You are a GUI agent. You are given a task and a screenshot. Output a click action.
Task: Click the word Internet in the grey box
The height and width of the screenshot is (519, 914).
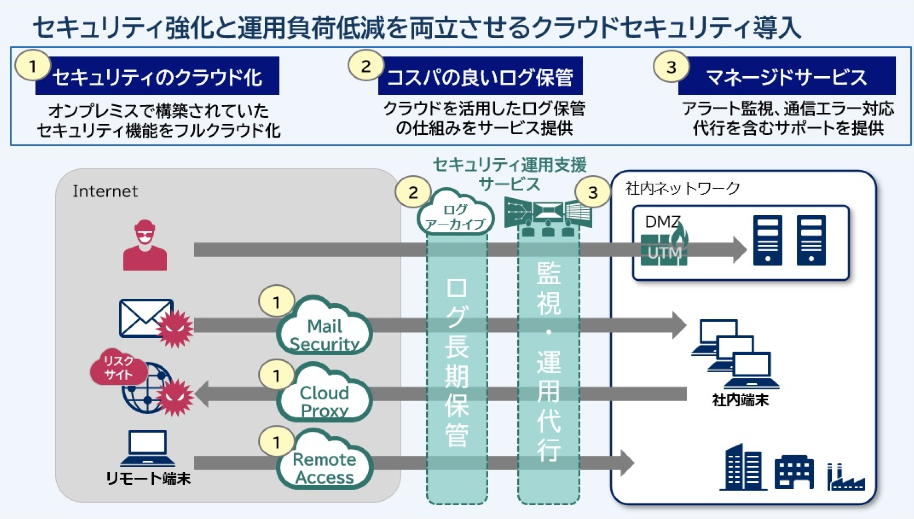(x=105, y=191)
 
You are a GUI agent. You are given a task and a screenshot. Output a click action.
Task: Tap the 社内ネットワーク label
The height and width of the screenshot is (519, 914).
(x=682, y=188)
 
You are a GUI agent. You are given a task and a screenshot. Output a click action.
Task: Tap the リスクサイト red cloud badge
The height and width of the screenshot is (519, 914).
(x=118, y=367)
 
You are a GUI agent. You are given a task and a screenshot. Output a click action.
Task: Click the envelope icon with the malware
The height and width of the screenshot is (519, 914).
(x=146, y=318)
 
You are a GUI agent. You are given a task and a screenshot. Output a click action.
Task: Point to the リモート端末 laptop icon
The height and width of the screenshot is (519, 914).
(x=148, y=448)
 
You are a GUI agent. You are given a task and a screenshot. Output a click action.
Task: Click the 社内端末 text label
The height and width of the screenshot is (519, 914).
(x=740, y=400)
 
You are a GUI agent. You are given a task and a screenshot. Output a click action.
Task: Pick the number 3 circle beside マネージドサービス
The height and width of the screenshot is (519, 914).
(x=671, y=67)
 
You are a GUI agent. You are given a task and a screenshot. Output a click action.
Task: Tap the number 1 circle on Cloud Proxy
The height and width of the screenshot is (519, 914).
(x=276, y=375)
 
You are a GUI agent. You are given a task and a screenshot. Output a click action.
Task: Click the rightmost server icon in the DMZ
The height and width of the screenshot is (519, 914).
(x=811, y=240)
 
